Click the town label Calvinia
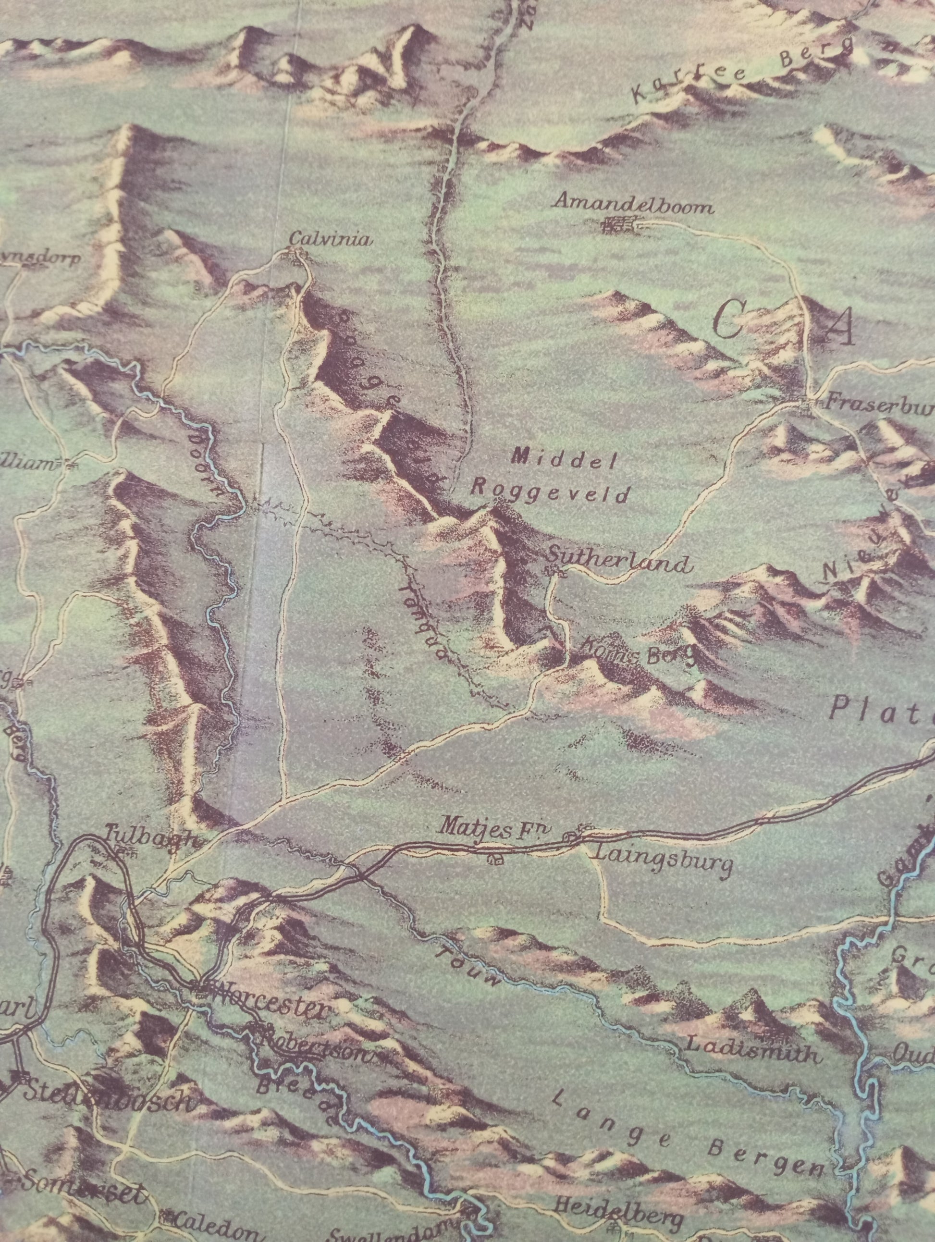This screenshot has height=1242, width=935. point(331,240)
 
